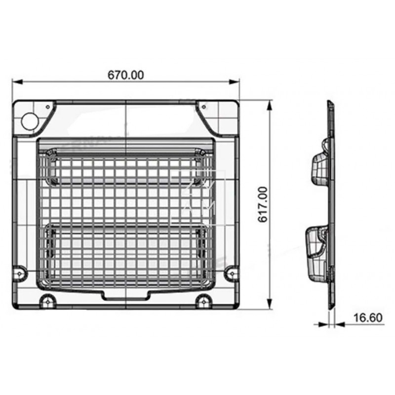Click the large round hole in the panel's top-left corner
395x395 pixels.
point(30,120)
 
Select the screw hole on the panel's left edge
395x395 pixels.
point(20,272)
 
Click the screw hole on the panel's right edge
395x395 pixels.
point(231,272)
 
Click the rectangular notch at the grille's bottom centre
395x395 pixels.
point(125,295)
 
